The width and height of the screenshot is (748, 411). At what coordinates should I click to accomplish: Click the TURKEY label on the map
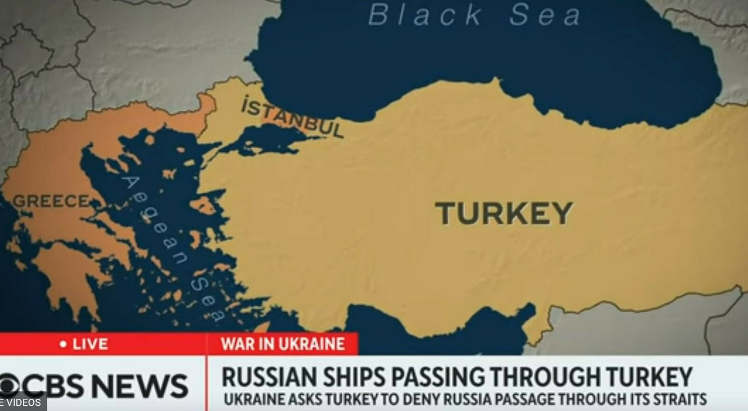pos(504,213)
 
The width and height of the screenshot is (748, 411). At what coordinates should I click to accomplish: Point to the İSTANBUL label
pos(292,117)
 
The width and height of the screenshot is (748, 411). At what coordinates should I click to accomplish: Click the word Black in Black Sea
pos(425,15)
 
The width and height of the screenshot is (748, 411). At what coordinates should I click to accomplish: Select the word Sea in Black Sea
pos(545,15)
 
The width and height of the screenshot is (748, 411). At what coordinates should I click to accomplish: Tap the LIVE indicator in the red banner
pos(90,344)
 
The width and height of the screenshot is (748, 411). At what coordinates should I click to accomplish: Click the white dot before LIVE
pos(63,344)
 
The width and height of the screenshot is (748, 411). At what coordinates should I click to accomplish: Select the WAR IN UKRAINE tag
pos(282,344)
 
